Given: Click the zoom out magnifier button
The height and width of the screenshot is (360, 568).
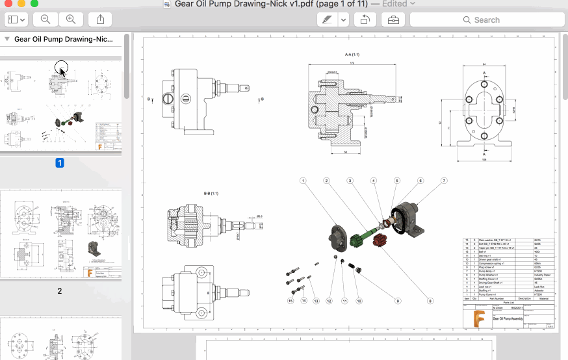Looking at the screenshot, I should pos(45,20).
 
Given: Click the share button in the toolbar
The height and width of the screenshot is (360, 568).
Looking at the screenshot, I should pos(99,20).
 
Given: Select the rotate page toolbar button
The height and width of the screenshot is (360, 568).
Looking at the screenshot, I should pos(365,20).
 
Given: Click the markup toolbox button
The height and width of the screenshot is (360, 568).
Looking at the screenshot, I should pos(393,20).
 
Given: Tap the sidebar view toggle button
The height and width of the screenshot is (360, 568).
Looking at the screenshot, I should pos(16,20).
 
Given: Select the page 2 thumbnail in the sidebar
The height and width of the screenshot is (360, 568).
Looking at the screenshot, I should pos(60,235).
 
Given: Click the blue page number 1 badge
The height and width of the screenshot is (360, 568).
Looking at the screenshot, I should pos(60,163).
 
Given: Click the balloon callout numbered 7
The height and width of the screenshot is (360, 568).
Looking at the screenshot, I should pos(444,181).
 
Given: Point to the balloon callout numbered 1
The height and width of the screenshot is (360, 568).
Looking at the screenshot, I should pos(303,181).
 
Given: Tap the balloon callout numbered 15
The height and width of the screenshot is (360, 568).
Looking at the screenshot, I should pos(291,301).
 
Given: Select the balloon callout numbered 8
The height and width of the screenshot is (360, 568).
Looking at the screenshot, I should pos(430,301).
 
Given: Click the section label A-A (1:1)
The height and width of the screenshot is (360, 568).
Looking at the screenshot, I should pos(353,55).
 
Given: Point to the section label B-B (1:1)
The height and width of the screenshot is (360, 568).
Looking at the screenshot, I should pos(211,194).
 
